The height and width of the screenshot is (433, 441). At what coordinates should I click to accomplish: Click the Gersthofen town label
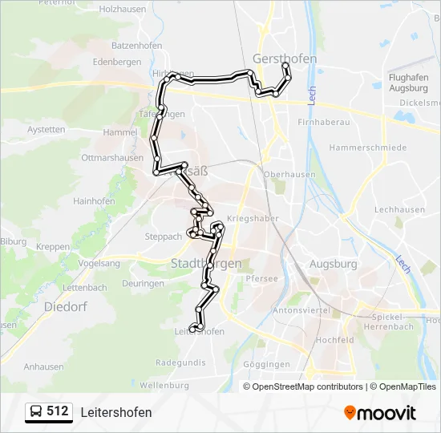point(284,59)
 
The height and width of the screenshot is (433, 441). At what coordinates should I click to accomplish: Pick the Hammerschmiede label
point(367,148)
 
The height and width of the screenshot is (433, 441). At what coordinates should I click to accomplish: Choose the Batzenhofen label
point(137,46)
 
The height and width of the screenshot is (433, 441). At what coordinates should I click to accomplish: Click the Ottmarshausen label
point(112,158)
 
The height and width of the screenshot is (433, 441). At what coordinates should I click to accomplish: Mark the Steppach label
point(163,237)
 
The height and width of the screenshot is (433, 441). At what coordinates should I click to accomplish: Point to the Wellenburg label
point(164,386)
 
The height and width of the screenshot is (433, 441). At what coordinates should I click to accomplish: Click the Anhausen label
point(44,366)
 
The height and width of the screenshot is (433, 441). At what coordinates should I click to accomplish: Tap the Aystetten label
point(46,129)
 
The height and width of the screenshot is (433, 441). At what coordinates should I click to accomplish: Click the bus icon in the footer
point(36,412)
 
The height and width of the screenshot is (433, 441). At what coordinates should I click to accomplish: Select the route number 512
point(58,412)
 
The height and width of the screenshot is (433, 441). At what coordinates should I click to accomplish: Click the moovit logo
point(380,413)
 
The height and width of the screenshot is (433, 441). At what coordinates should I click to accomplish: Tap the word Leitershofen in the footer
point(115,412)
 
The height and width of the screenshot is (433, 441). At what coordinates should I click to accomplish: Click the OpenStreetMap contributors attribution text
point(303,386)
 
